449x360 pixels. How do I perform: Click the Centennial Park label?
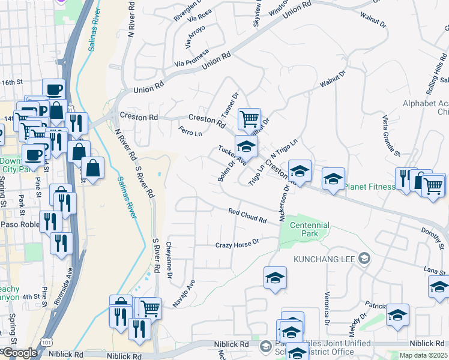pos(310,229)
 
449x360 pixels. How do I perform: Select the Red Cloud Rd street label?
pos(247,215)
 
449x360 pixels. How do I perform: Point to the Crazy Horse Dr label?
pos(237,244)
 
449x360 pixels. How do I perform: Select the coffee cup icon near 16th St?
pos(54,89)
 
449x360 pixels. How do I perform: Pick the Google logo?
pos(19,353)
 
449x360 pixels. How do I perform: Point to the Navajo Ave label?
pos(188,293)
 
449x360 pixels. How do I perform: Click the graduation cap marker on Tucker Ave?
pos(246,146)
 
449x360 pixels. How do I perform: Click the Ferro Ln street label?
pos(190,130)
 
